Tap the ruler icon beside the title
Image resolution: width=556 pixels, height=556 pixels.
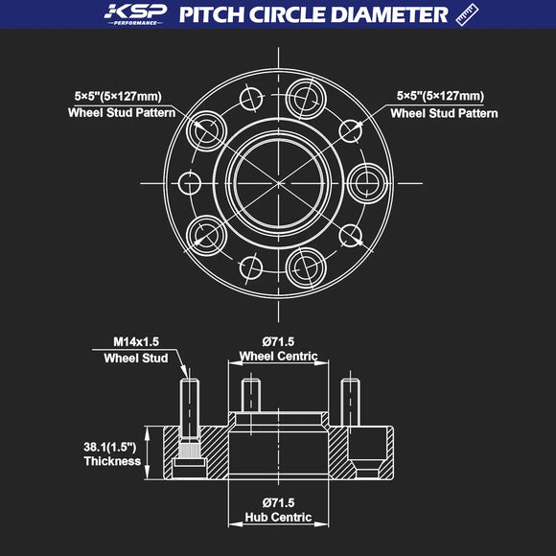click(467, 14)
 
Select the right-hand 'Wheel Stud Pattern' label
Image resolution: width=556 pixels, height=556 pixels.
click(444, 113)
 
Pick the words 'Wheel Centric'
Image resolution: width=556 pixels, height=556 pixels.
click(278, 357)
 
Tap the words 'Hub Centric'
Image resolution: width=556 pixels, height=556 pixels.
click(278, 518)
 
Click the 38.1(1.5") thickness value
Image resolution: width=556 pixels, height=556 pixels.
click(108, 446)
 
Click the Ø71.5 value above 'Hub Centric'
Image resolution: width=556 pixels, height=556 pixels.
click(278, 502)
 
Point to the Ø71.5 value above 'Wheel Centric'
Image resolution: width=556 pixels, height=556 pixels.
click(278, 341)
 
